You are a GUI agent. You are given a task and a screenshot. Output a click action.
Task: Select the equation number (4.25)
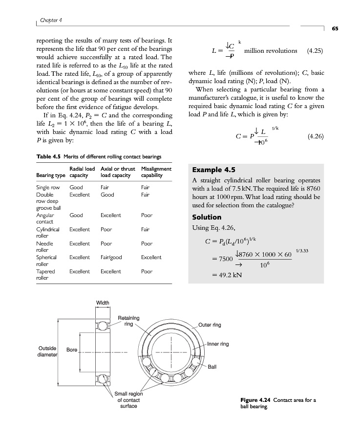(315, 51)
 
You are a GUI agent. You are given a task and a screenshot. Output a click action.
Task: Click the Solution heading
(207, 217)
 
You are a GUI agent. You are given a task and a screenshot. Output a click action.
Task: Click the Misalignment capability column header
(156, 172)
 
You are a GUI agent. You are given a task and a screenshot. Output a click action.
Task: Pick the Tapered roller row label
(45, 274)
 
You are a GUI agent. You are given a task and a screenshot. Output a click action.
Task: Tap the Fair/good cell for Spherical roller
(111, 257)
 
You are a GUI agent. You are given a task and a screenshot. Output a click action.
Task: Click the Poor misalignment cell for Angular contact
(147, 215)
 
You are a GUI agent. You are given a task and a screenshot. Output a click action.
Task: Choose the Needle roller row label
(44, 246)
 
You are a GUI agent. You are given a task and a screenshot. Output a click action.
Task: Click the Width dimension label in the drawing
(102, 303)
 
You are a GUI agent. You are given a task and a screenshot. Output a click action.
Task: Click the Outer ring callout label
(210, 325)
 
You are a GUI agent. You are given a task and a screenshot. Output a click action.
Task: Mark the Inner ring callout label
(218, 344)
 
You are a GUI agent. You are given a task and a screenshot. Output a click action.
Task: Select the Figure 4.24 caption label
(256, 400)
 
